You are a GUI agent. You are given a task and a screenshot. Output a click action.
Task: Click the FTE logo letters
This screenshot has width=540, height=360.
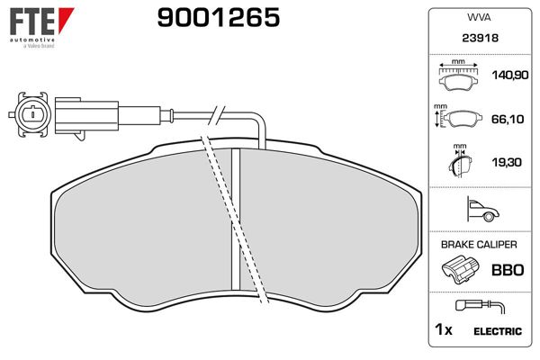pos(32,21)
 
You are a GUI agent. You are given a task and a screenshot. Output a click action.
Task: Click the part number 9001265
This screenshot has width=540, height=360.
pos(219,18)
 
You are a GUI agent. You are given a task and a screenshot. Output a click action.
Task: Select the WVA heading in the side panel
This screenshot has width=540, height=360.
pos(479,18)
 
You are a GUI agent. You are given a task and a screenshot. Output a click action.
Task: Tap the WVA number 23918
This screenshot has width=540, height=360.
pos(480,38)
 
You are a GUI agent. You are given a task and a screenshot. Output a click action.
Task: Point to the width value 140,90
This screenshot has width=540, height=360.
pos(510,75)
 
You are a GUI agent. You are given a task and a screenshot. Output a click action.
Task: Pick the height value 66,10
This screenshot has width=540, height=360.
pos(508,119)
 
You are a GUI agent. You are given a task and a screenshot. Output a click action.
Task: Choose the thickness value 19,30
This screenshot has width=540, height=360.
pos(507,162)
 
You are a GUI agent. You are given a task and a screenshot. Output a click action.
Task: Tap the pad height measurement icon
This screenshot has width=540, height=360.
pos(458,117)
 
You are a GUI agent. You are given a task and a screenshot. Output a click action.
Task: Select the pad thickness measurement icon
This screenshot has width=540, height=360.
pos(460,161)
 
